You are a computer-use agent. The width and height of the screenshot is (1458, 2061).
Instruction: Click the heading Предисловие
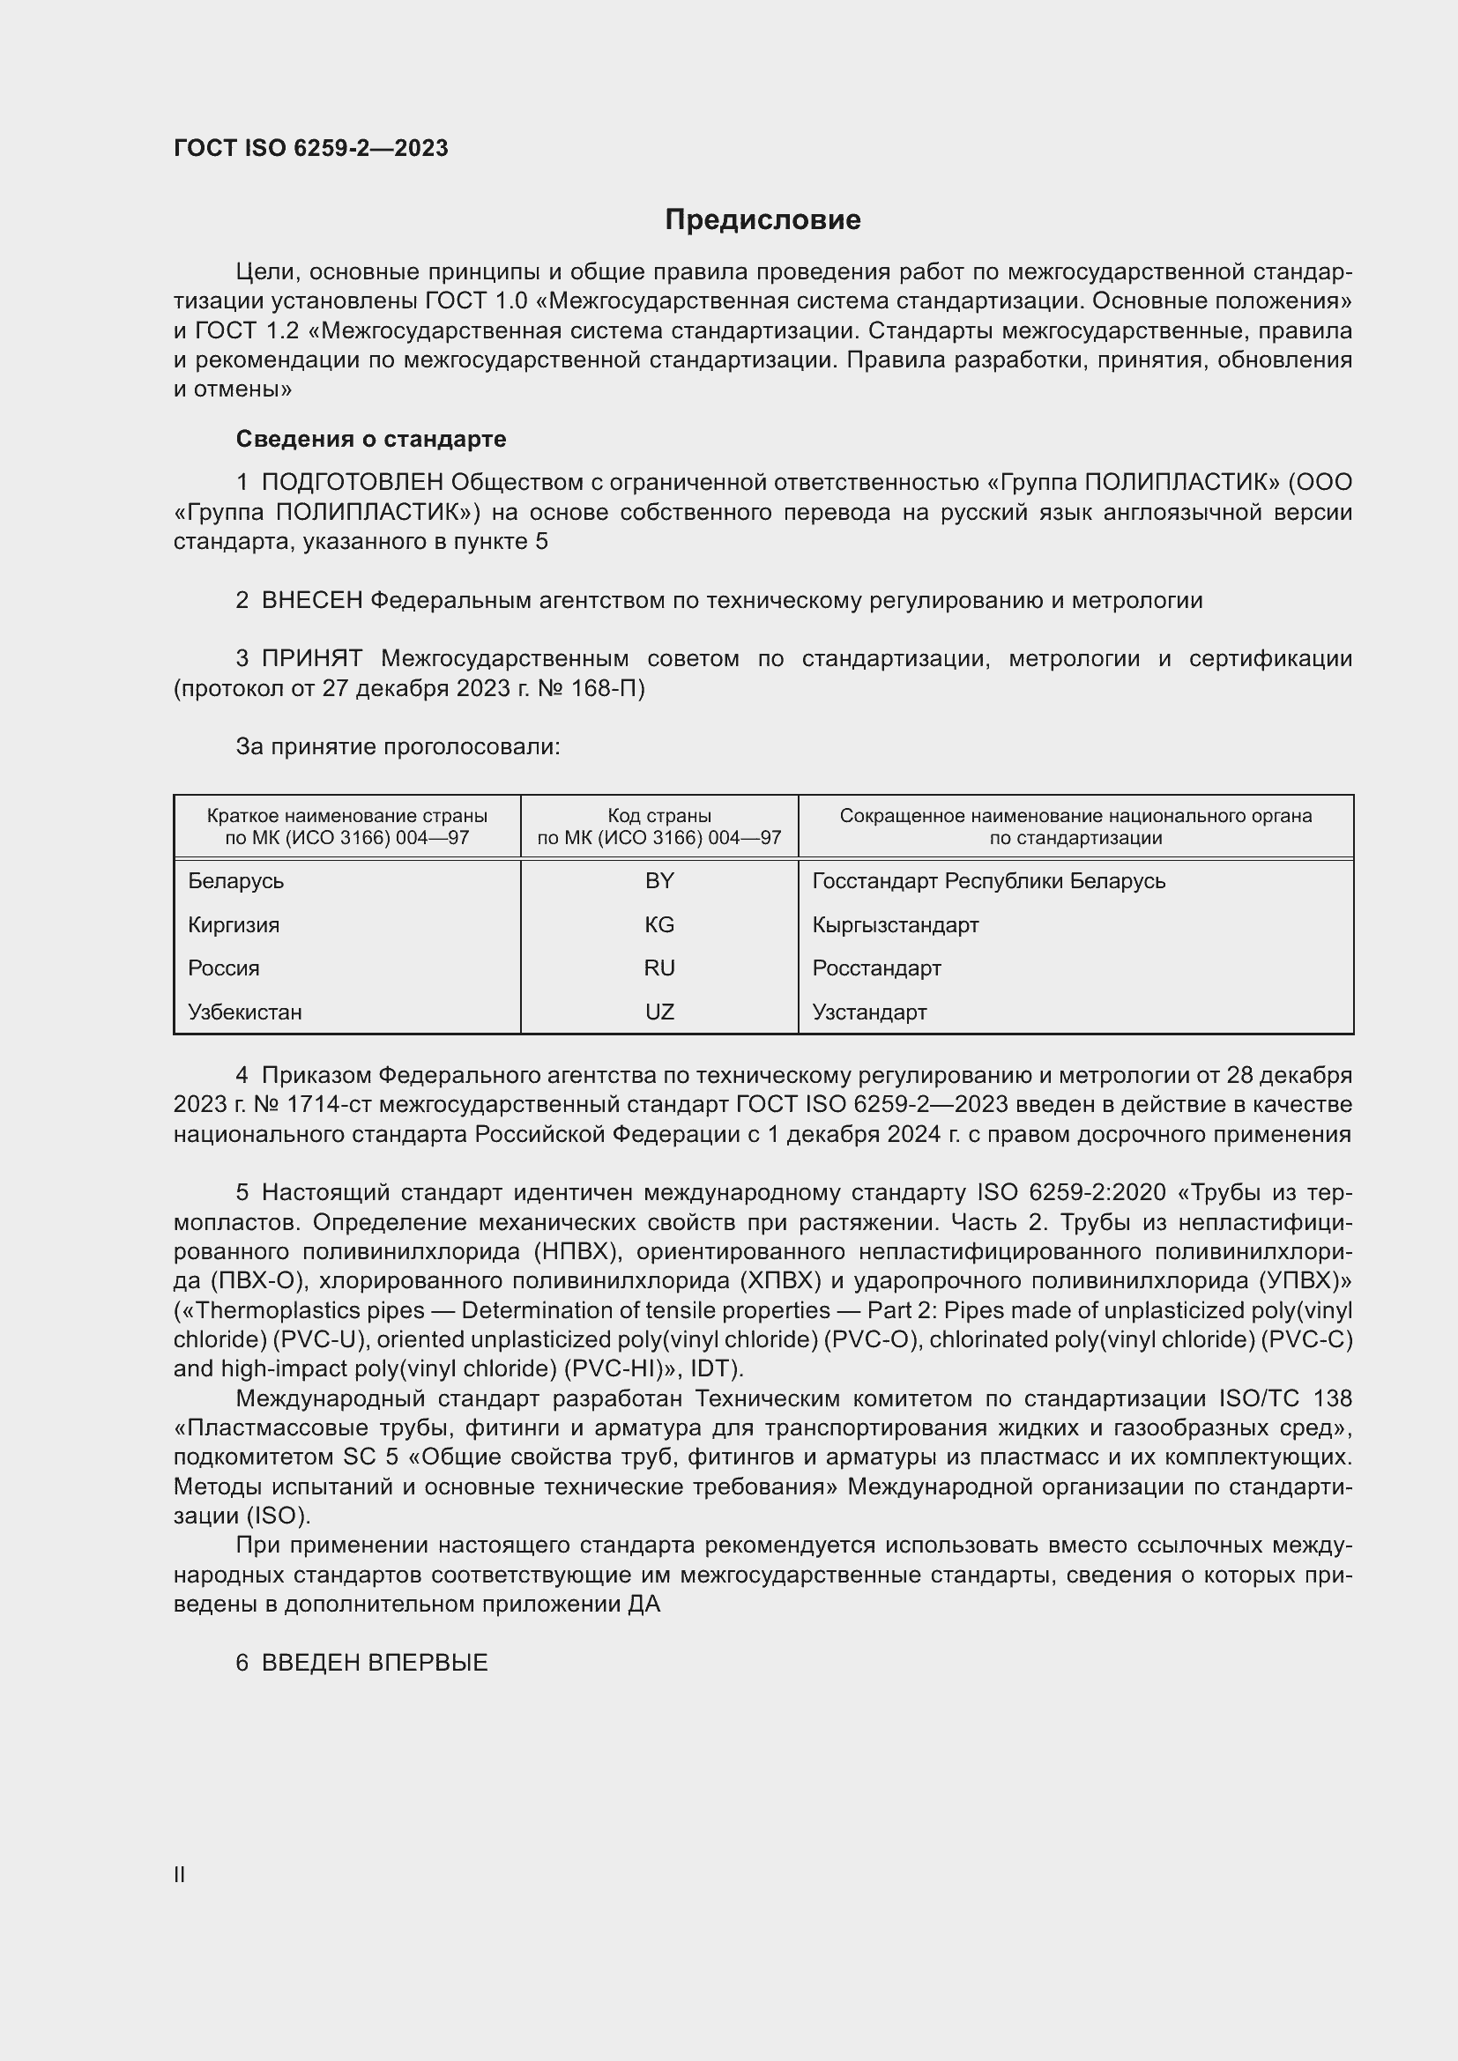coord(762,220)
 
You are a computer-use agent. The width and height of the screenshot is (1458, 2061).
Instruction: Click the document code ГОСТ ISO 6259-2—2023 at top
coord(310,148)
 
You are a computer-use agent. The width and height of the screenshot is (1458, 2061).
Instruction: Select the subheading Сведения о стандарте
coord(370,439)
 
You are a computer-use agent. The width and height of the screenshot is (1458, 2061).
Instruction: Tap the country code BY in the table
coord(659,880)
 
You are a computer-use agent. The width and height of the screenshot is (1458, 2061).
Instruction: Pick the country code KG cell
coord(659,924)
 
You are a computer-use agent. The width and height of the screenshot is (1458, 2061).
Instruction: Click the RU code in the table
coord(659,967)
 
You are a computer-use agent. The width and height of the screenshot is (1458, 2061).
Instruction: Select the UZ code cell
coord(659,1012)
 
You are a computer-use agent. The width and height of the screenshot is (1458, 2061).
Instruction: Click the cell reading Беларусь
coord(235,880)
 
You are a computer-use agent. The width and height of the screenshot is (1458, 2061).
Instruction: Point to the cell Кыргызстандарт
coord(894,924)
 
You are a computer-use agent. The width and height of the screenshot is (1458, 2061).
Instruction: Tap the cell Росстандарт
coord(876,967)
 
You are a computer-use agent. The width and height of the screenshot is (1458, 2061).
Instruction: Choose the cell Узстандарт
coord(869,1012)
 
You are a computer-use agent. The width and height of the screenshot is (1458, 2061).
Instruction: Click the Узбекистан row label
coord(244,1012)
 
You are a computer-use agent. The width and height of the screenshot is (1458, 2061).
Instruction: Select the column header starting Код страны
coord(659,826)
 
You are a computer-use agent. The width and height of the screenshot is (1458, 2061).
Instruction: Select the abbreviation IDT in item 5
coord(714,1369)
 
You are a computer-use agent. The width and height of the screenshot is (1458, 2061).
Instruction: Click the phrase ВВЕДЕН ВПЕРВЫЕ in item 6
coord(375,1663)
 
